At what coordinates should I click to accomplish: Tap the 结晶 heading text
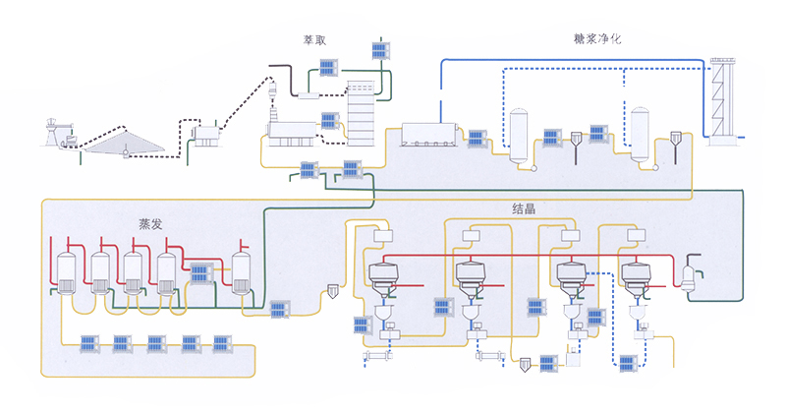(523, 209)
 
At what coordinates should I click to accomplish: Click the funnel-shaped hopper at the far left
(57, 131)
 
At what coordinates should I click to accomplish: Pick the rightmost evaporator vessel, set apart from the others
(242, 272)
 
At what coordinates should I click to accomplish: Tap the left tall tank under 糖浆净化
(520, 131)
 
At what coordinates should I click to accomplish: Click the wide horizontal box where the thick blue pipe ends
(431, 137)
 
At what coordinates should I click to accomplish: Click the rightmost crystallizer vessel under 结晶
(636, 279)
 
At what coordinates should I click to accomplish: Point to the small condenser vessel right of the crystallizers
(689, 272)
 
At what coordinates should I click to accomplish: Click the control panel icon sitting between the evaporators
(202, 273)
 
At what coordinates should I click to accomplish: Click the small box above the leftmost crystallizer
(382, 236)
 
